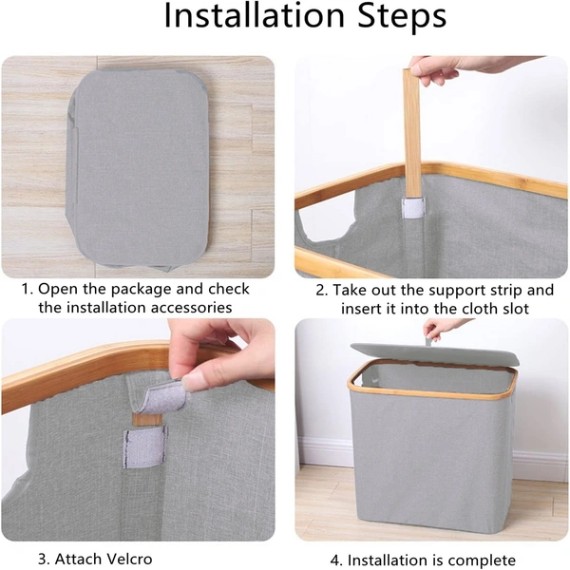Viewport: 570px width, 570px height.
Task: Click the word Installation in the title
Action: [254, 16]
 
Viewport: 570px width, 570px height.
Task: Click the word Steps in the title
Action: [402, 16]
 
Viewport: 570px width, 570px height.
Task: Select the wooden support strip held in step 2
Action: [411, 134]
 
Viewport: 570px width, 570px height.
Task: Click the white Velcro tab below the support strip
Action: [413, 208]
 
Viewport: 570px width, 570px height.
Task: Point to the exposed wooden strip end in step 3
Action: [147, 419]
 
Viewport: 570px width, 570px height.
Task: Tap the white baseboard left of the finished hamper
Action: [324, 451]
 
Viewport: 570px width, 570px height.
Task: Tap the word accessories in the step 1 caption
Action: [191, 308]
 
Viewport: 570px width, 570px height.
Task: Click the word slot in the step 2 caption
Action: [513, 309]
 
